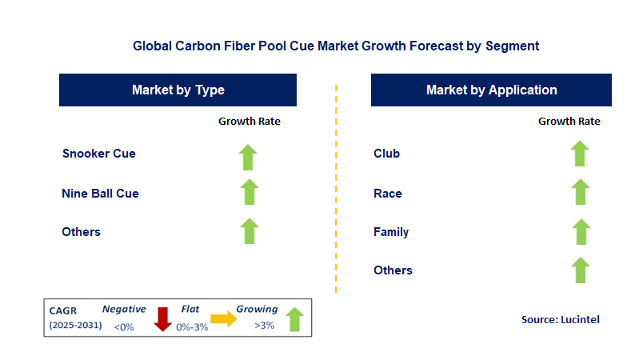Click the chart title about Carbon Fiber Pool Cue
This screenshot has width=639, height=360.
[336, 46]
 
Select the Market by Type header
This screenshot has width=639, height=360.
[178, 90]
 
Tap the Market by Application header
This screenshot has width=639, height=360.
[491, 90]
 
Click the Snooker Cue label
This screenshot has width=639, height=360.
[99, 154]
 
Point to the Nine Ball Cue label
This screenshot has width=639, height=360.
[100, 193]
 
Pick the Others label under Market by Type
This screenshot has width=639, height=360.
[82, 232]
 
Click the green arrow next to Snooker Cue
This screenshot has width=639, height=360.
[249, 156]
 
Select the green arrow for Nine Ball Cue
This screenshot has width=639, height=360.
[249, 192]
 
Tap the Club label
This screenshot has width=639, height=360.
[386, 154]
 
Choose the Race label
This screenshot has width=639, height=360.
[388, 193]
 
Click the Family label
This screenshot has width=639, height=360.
[391, 232]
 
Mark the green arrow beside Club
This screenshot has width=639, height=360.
[580, 154]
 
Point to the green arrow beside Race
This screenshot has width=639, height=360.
[580, 192]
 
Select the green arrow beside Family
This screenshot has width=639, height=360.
[580, 232]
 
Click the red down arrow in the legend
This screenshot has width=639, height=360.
[163, 318]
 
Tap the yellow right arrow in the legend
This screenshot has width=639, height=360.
[223, 319]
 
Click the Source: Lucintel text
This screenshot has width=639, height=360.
[560, 319]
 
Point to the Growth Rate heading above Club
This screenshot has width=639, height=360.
[569, 122]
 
